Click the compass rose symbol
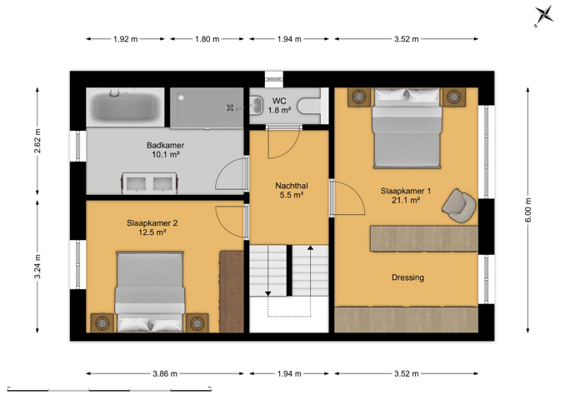(543, 16)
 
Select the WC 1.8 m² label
(279, 106)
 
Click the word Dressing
(407, 277)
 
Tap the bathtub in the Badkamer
(125, 107)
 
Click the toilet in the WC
(308, 107)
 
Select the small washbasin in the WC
(256, 105)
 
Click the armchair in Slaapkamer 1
(458, 205)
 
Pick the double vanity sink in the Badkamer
(149, 183)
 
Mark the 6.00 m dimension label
(527, 210)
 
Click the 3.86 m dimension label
(165, 373)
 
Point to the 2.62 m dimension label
(37, 141)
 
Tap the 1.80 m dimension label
(207, 39)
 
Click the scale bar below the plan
(109, 389)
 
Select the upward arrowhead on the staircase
(310, 247)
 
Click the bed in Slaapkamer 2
(149, 292)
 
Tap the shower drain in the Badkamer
(229, 107)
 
